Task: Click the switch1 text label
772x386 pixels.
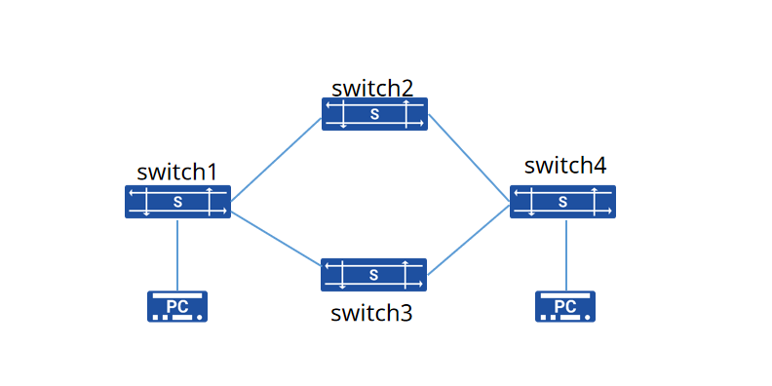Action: point(176,173)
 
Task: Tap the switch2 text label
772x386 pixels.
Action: point(372,89)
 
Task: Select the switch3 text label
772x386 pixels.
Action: point(371,313)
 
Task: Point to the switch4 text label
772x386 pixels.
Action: point(565,166)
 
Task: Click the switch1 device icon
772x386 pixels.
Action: point(177,202)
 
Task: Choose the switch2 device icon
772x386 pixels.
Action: point(374,114)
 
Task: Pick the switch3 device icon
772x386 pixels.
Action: point(373,275)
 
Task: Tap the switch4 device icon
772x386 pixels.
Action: point(562,202)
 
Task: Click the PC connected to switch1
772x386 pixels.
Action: point(177,306)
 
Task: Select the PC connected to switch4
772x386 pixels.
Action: point(565,306)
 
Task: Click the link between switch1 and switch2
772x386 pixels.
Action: point(276,160)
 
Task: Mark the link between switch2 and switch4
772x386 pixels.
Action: point(469,158)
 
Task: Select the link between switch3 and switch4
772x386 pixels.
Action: point(468,240)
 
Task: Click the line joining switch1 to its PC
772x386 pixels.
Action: point(177,254)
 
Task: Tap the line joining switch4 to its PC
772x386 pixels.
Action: point(566,254)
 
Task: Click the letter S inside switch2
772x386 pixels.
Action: point(374,114)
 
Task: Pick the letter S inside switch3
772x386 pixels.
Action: point(373,275)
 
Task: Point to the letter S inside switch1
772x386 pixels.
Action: point(177,202)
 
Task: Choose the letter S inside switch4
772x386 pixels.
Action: point(562,202)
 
